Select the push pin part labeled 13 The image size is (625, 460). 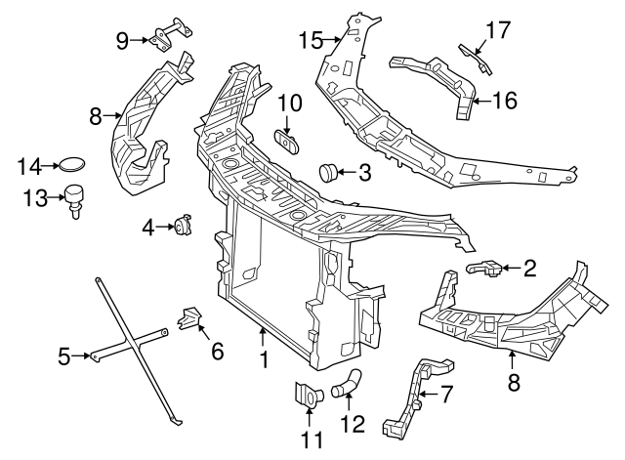74,199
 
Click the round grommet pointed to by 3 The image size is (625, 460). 330,174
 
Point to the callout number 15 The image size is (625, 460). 310,40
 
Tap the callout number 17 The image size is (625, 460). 498,30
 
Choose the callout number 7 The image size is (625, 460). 447,395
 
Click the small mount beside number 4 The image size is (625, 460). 182,227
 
